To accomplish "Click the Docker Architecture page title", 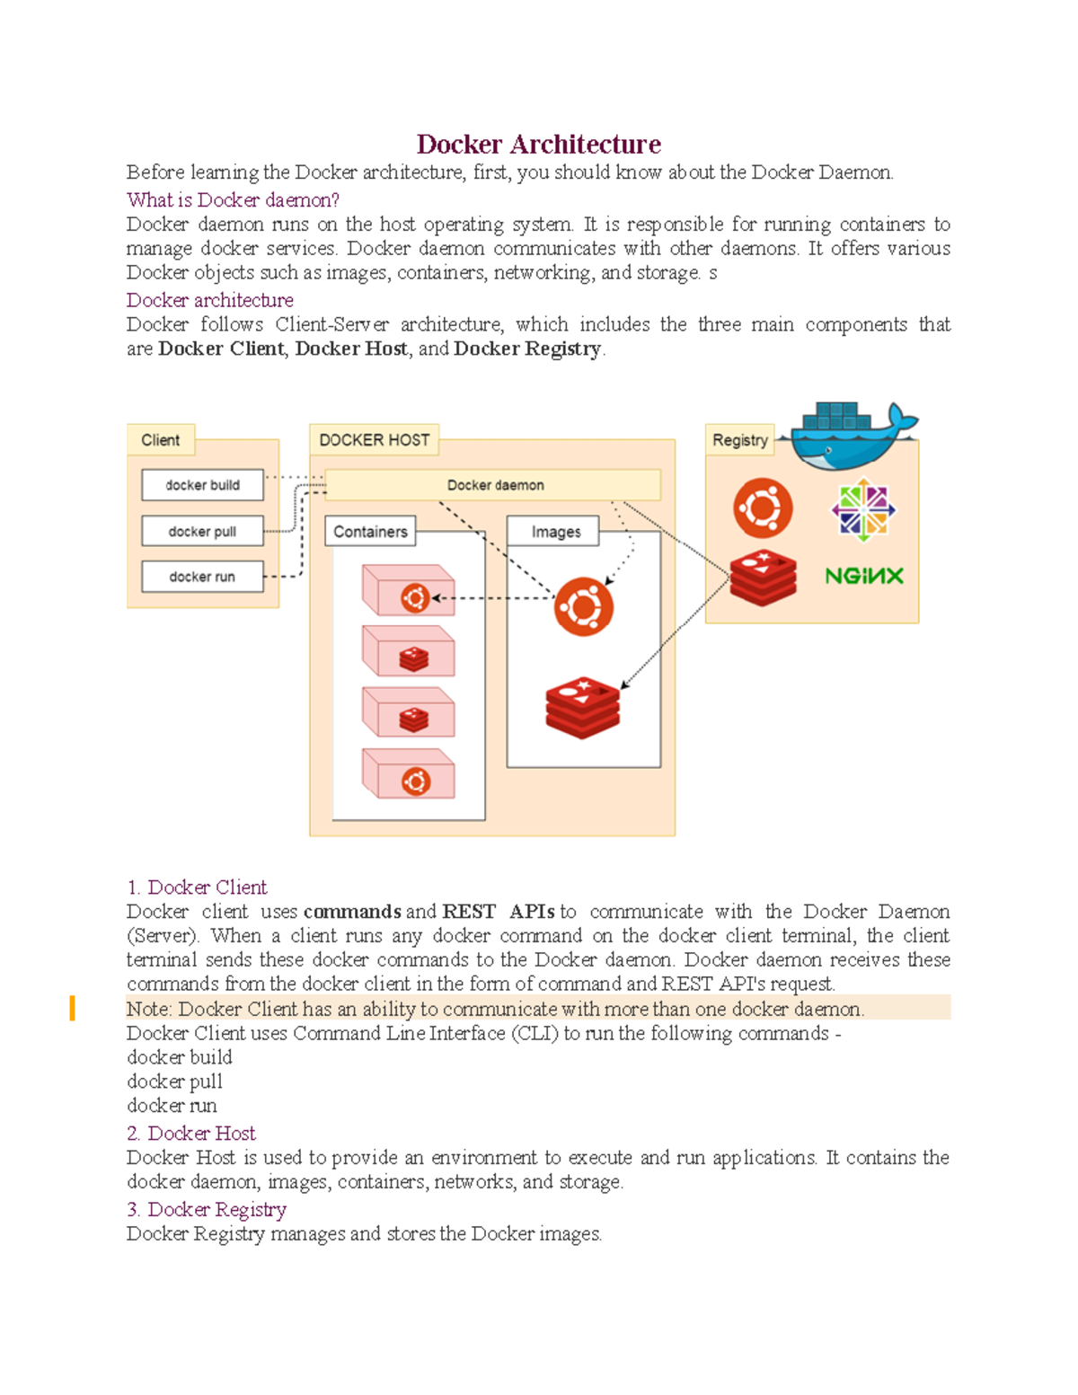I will (538, 145).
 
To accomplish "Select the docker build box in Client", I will (202, 485).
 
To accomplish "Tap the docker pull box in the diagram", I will (202, 532).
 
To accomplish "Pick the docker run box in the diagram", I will (202, 577).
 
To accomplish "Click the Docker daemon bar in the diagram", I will (494, 485).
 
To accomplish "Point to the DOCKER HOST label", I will (374, 440).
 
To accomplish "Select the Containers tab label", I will (370, 532).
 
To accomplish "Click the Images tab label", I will (555, 532).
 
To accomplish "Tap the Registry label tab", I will (739, 440).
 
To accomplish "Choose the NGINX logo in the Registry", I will (863, 576).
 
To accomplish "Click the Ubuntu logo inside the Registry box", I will (763, 508).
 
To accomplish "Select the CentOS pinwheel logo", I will (863, 509).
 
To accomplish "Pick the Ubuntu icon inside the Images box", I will (584, 607).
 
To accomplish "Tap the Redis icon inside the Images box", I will (583, 707).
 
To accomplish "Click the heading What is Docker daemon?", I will (233, 199).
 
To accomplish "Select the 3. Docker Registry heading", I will (207, 1210).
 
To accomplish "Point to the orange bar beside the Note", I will (72, 1008).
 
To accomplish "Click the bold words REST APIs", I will (499, 912).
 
